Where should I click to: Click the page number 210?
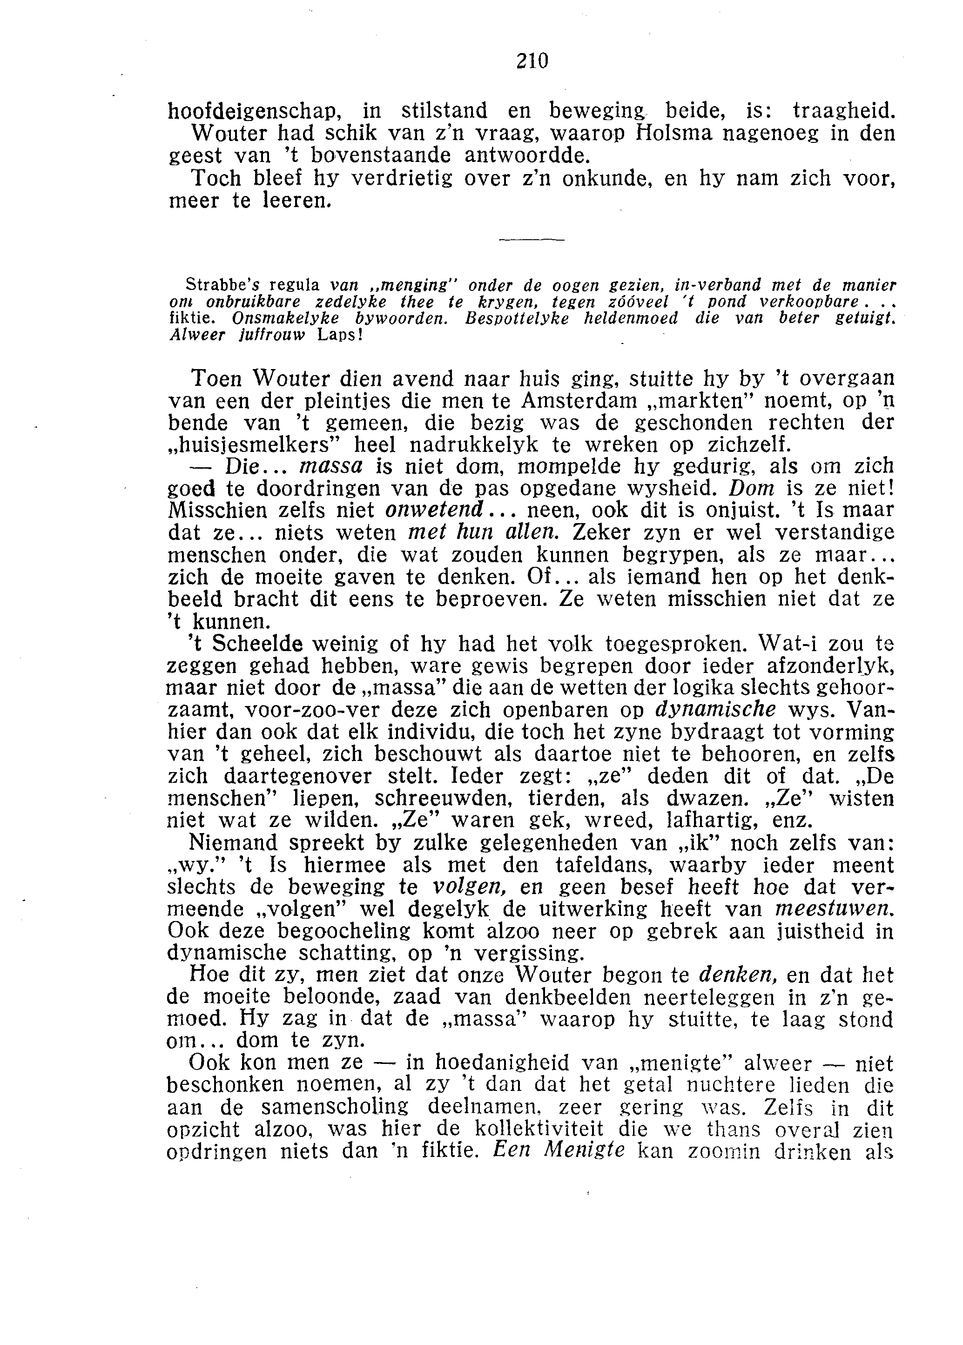(x=532, y=61)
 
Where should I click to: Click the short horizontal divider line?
(x=532, y=240)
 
